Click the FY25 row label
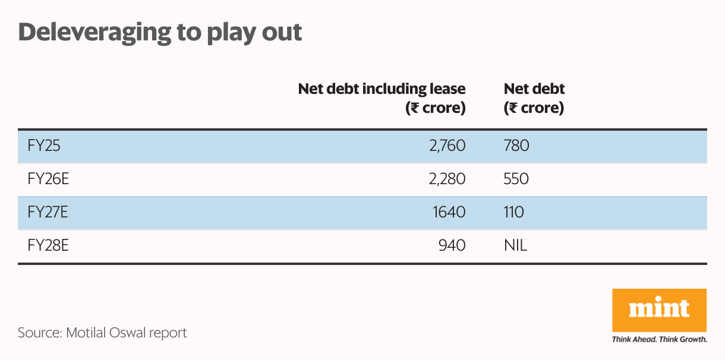pos(40,146)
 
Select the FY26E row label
pos(44,179)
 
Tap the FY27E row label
pos(44,212)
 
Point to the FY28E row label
pos(44,245)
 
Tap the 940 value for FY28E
pos(452,245)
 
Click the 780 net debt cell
pos(516,146)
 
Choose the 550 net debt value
pos(516,179)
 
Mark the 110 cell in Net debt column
pos(513,212)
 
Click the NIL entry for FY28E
pos(515,245)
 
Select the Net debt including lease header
pos(382,99)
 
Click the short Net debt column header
pos(534,99)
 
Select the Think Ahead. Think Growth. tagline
pos(659,340)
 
